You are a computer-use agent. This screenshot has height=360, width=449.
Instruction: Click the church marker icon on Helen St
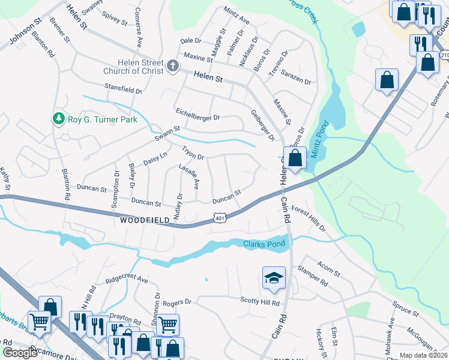click(x=173, y=65)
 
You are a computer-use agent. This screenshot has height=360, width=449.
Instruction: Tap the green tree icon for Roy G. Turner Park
click(x=58, y=118)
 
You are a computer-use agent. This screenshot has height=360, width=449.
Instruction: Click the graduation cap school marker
click(x=274, y=278)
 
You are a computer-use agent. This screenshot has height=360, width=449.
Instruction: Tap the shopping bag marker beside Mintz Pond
click(x=295, y=159)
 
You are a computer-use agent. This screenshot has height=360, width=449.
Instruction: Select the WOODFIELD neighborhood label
click(x=145, y=221)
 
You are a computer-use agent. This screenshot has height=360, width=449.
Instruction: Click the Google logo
click(x=20, y=353)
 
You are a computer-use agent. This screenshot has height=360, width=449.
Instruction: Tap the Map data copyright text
click(x=423, y=355)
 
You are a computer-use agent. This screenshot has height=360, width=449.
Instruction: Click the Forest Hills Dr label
click(x=308, y=219)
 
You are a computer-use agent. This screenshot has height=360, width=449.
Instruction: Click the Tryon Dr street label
click(x=193, y=152)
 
